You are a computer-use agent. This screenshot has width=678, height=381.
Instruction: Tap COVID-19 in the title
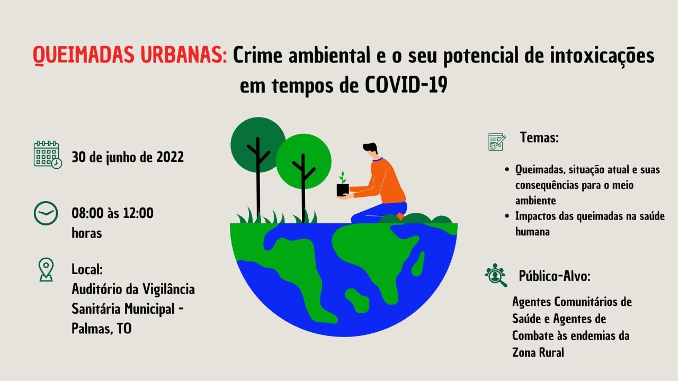coord(406,85)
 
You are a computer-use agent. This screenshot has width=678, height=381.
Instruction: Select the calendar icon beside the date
coord(48,155)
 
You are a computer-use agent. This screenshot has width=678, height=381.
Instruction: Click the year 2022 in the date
coord(170,157)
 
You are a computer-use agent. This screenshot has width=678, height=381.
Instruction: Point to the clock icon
coord(46,213)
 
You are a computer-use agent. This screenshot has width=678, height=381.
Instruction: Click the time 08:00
coord(87,213)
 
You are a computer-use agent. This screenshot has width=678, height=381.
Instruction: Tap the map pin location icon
coord(46,269)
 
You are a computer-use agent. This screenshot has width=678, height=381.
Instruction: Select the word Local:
coord(87,269)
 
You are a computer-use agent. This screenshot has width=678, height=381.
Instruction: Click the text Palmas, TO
coord(102,329)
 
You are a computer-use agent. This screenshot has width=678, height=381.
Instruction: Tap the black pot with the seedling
coord(343,190)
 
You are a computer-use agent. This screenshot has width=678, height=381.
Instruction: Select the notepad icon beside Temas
coord(497,142)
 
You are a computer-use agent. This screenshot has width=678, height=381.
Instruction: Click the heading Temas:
coord(539,138)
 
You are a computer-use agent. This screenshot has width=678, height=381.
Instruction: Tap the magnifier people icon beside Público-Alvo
coord(495,275)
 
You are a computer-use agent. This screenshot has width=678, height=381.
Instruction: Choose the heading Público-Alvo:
coord(555,276)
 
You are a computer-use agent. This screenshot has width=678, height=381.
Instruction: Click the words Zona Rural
coord(538,352)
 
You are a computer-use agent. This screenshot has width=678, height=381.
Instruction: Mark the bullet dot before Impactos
coord(507,216)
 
